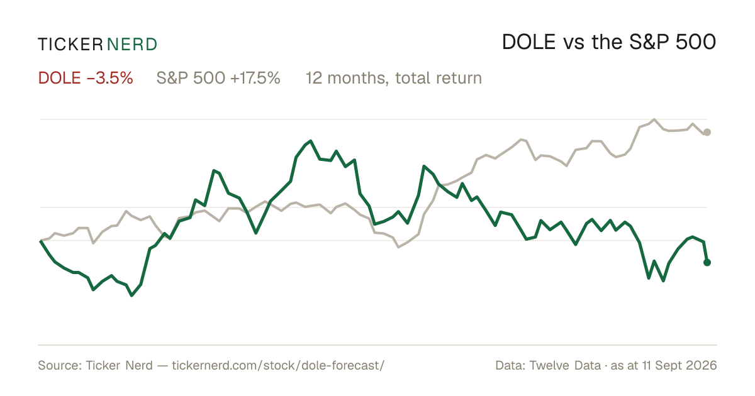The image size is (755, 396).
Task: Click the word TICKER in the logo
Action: point(70,45)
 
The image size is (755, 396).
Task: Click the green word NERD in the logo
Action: point(132,45)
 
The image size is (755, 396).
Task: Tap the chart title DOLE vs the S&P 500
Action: point(609,43)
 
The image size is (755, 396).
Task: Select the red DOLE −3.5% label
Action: point(86,78)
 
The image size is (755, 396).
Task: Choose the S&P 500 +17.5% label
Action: point(218,78)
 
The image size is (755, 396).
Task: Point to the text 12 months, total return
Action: point(394,79)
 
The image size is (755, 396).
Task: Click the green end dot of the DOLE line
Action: point(707,262)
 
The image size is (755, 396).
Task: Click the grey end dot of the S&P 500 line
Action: point(707,133)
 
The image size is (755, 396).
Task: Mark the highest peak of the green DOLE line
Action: point(310,141)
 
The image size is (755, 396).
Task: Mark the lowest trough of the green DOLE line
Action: point(131,295)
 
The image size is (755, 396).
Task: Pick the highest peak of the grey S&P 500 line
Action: point(654,119)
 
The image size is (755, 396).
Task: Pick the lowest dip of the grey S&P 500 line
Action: point(399,247)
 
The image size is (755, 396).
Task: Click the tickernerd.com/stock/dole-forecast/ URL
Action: point(278,365)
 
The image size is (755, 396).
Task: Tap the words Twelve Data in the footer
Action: point(565,365)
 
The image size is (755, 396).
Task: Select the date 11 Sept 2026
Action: point(679,365)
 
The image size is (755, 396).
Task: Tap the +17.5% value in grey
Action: point(255,78)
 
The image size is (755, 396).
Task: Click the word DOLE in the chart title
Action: point(528,43)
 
